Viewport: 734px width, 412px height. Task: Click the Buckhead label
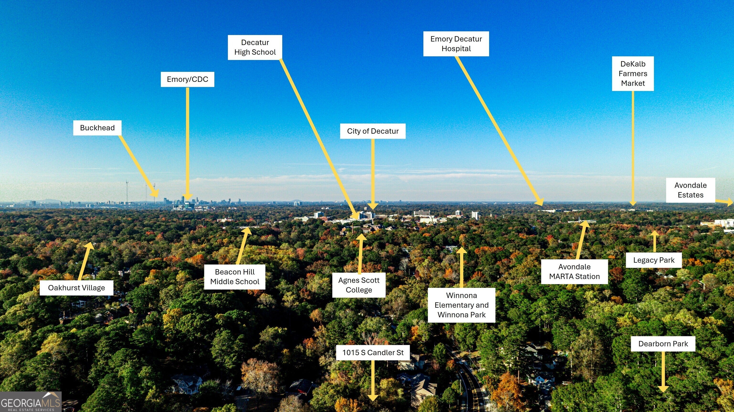pos(97,128)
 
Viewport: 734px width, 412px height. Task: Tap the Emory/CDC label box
pos(187,79)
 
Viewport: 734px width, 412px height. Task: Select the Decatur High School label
pos(255,47)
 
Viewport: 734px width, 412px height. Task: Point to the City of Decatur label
pos(372,131)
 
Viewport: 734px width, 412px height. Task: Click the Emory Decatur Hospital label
pos(456,44)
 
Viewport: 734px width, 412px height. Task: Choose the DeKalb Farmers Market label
pos(632,74)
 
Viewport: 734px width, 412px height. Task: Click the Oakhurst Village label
pos(76,288)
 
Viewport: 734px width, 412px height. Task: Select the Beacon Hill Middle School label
pos(234,277)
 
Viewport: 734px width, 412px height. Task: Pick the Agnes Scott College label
pos(359,285)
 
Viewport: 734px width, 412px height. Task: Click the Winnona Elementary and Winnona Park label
pos(461,305)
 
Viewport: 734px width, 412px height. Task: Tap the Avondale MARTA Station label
pos(574,272)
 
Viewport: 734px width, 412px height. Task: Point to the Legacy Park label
pos(654,260)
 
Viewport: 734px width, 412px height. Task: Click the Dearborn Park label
pos(663,344)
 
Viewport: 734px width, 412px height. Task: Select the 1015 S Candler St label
pos(373,353)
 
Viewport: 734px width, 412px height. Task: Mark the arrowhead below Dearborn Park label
pos(663,389)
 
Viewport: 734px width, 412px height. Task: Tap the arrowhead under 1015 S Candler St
pos(373,397)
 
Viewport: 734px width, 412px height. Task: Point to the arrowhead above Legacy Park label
pos(654,233)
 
